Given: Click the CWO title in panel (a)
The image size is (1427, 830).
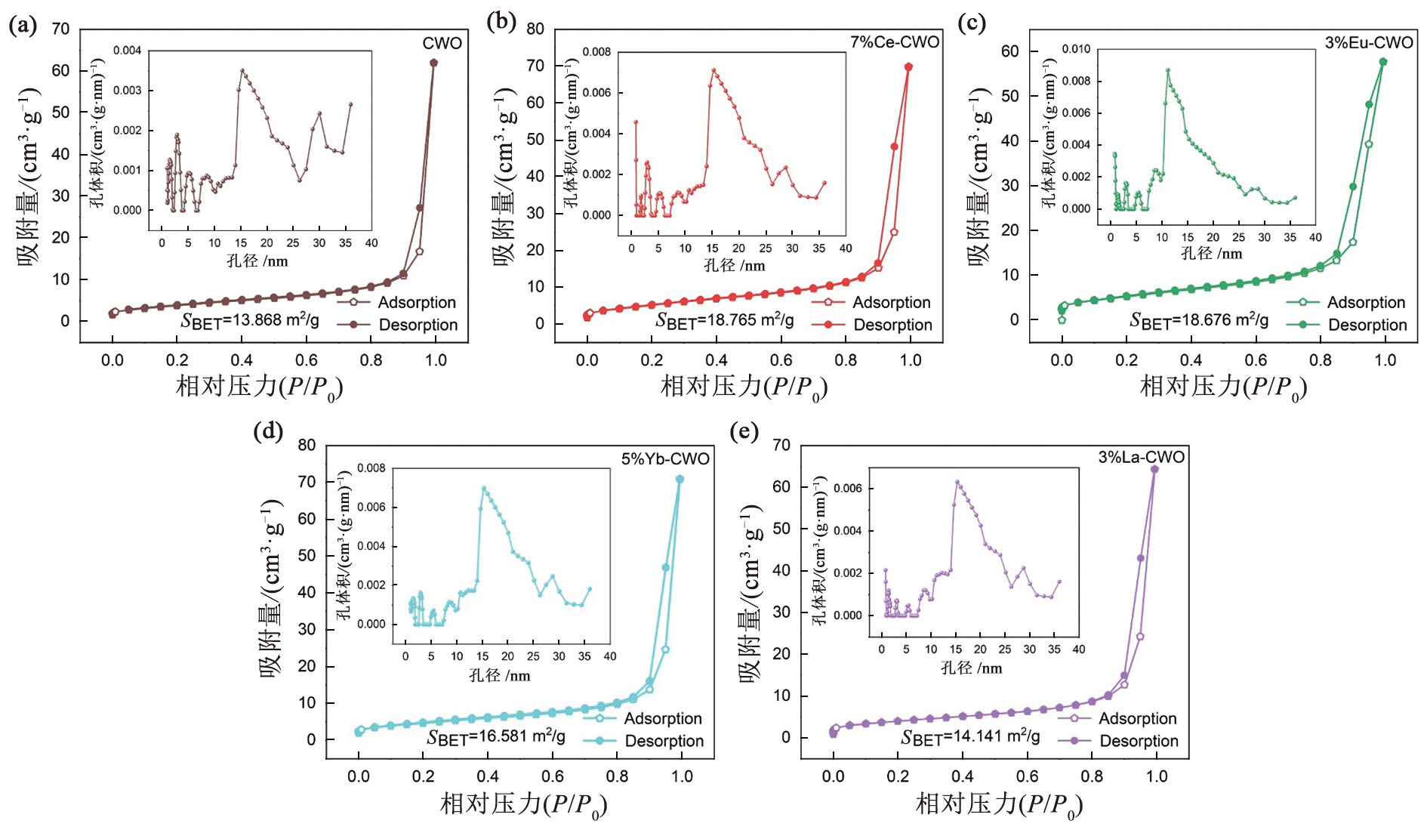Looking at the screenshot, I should pos(442,43).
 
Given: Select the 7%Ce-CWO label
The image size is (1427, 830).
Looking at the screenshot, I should pos(895,42).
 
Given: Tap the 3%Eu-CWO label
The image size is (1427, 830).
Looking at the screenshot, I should pos(1369,43).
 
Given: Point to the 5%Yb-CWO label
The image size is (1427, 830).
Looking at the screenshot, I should pos(665,459).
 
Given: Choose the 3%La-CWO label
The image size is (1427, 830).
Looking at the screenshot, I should pos(1141,457).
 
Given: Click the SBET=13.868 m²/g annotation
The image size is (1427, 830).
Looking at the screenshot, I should pos(250,320).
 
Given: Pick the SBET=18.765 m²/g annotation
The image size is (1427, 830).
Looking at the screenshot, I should pos(725,320).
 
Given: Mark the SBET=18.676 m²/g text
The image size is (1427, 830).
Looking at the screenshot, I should pos(1199,320).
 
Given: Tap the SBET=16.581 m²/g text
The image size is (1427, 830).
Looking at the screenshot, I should pos(496,736).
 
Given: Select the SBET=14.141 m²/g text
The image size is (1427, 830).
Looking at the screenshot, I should pos(970,736).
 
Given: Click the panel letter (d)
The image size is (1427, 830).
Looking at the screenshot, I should pos(268,431).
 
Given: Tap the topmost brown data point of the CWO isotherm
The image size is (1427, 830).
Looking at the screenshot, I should pos(433,63).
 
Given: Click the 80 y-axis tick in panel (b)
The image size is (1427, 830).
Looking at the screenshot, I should pos(535,29).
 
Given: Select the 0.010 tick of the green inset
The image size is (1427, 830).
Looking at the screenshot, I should pos(1076,49).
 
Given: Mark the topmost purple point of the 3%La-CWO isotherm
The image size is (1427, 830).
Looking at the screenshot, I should pos(1154,470).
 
